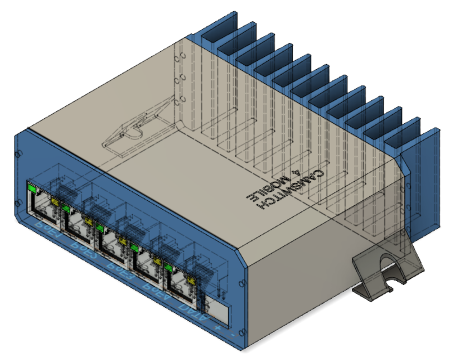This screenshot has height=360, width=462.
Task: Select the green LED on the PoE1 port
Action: (x=31, y=190)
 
